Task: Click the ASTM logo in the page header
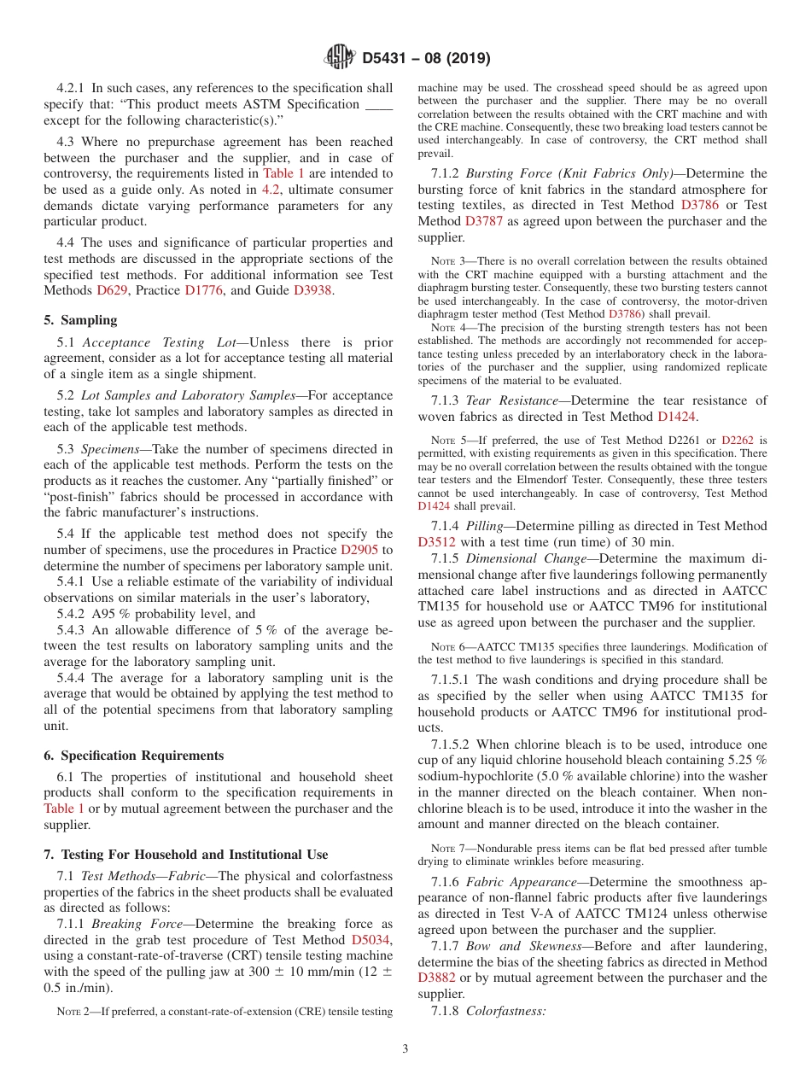point(339,58)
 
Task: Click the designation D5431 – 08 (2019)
point(426,59)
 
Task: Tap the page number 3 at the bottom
point(405,1048)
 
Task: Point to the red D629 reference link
point(110,291)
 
